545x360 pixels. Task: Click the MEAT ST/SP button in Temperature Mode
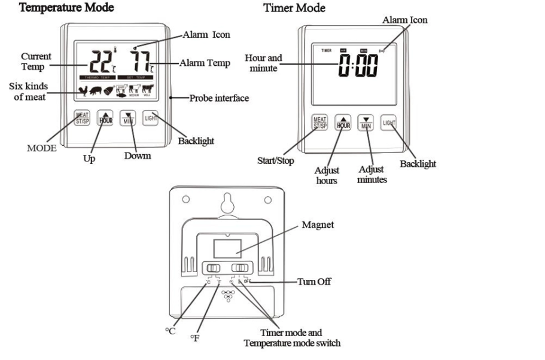click(x=81, y=117)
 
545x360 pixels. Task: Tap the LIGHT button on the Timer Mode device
click(x=389, y=124)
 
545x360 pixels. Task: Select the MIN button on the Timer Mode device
click(x=366, y=124)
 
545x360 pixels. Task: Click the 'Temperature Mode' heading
click(x=66, y=8)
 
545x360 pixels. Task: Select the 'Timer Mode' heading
click(x=294, y=8)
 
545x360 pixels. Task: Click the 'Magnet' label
click(x=318, y=225)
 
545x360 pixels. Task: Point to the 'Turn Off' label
click(x=314, y=281)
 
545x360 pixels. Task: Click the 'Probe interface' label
click(x=219, y=98)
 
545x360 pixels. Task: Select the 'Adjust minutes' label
click(x=372, y=175)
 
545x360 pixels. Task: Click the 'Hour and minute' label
click(x=263, y=63)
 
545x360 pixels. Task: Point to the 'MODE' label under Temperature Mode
click(x=41, y=148)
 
